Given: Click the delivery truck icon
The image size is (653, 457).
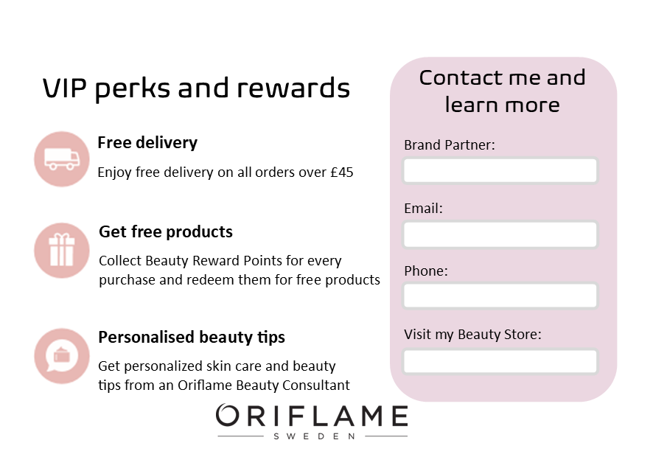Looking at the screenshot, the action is (x=62, y=159).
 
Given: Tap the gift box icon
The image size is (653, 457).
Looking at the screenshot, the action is (x=62, y=250).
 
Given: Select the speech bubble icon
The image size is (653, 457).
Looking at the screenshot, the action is (x=62, y=355).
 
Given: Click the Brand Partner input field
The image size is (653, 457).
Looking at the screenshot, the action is (x=500, y=170).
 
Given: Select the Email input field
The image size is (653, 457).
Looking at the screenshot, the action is (x=500, y=234).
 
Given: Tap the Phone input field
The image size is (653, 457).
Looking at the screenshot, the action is (x=500, y=296).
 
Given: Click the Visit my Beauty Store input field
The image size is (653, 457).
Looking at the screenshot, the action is (x=500, y=362).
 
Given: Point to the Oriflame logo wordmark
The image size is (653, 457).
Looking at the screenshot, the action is (x=312, y=415).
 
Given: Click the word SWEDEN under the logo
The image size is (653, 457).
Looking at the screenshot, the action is (x=315, y=436).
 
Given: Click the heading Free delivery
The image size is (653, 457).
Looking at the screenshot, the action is (x=147, y=143).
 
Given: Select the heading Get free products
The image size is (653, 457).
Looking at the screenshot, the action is (x=166, y=231).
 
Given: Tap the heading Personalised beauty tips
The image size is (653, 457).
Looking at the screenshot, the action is (x=192, y=337).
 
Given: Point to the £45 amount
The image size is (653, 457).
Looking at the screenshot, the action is (x=342, y=172).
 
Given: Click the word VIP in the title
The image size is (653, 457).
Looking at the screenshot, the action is (x=65, y=88).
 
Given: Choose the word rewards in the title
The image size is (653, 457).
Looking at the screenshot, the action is (x=293, y=88).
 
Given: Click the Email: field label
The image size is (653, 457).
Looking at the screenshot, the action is (x=423, y=209).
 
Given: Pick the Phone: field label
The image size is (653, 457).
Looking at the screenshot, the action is (x=425, y=271).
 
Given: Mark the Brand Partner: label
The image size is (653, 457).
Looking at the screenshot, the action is (x=450, y=145).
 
